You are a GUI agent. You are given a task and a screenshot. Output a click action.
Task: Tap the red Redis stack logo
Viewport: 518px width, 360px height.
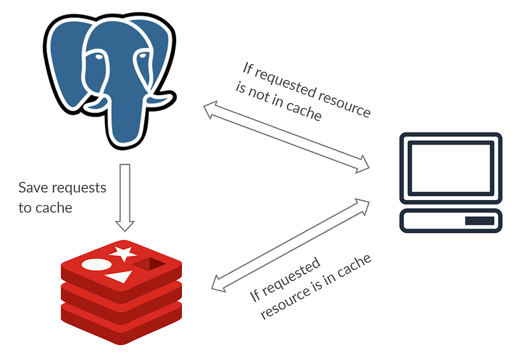121,291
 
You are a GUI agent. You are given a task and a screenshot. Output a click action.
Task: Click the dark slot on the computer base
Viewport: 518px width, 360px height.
479,221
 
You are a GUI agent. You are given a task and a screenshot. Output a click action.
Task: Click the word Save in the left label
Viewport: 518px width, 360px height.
32,188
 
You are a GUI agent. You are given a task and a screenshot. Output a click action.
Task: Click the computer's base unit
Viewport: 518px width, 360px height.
449,221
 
